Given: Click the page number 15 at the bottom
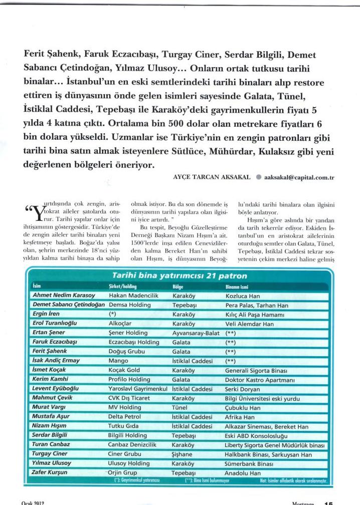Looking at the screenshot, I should pos(328,501).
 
